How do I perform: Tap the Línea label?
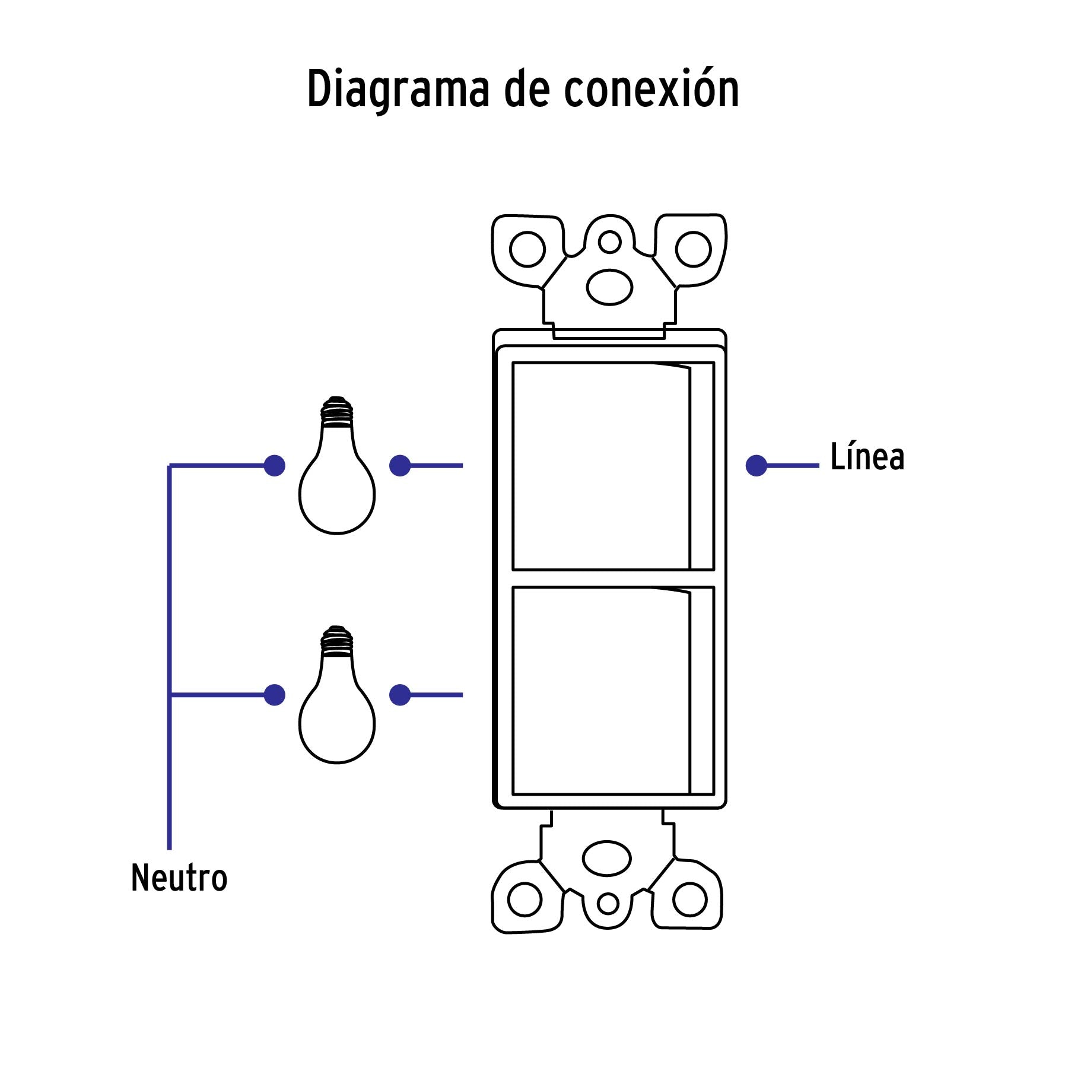[867, 457]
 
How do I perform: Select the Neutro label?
[179, 878]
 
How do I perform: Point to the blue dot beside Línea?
[757, 466]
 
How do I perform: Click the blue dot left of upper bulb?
[274, 466]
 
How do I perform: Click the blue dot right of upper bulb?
[400, 466]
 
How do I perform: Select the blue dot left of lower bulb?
[274, 695]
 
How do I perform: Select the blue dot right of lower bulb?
[400, 695]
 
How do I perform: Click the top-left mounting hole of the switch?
[527, 250]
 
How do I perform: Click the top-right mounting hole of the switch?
[693, 250]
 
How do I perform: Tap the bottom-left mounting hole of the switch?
[525, 899]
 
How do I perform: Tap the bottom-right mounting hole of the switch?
[690, 899]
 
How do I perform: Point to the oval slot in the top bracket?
[609, 287]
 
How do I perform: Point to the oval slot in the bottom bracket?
[607, 859]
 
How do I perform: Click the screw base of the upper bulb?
[337, 411]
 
